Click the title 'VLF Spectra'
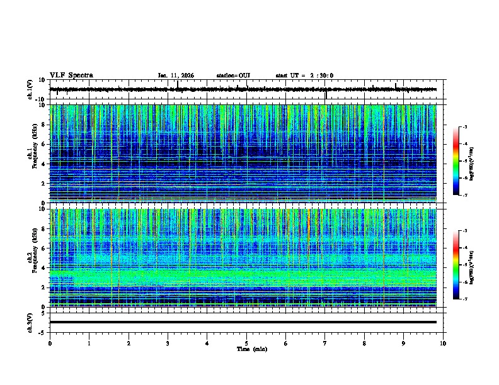(71, 75)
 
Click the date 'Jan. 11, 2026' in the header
(176, 75)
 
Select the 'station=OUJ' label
(233, 75)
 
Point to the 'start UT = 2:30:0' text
(304, 75)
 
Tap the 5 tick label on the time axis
(246, 343)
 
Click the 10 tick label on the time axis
(443, 343)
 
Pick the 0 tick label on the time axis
(50, 343)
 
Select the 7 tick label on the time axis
(325, 343)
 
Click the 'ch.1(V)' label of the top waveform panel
(30, 89)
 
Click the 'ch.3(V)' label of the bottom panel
(30, 322)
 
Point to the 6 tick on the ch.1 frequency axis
(45, 144)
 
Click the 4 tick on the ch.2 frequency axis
(45, 268)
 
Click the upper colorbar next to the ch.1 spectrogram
(456, 161)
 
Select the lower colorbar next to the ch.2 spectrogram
(456, 265)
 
